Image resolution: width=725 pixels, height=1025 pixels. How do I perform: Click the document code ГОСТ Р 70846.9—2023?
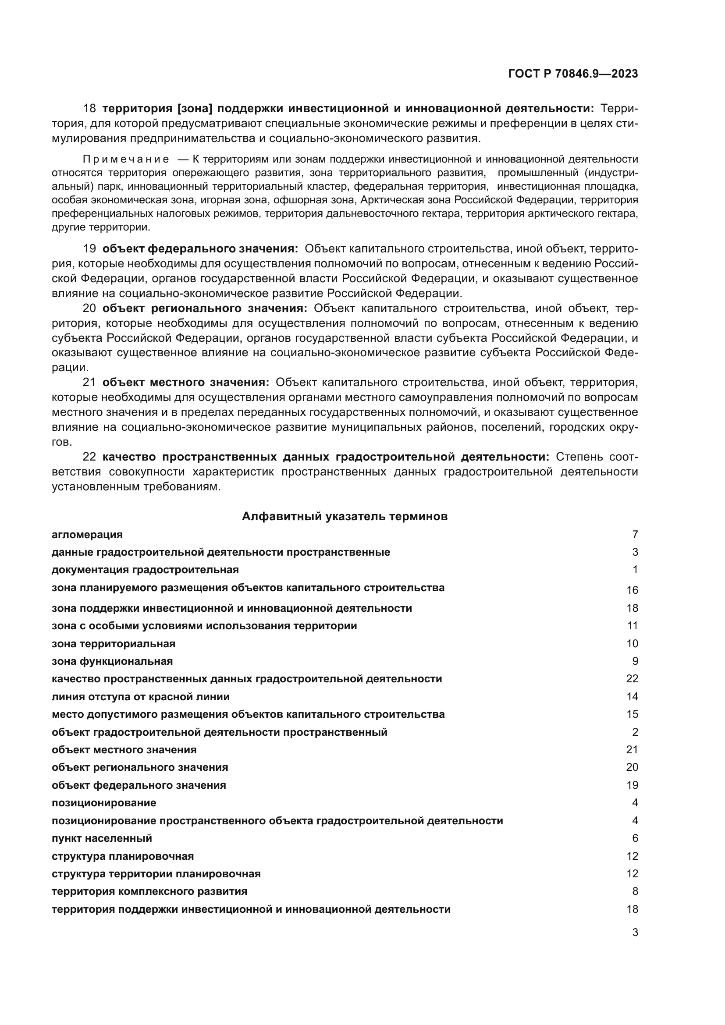(x=573, y=74)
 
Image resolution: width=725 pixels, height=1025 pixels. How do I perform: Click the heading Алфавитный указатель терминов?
(x=344, y=517)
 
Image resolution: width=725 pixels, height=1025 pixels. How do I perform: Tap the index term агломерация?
(x=87, y=534)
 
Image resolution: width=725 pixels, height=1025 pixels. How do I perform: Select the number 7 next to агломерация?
(x=635, y=534)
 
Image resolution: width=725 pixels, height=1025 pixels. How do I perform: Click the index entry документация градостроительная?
(x=145, y=570)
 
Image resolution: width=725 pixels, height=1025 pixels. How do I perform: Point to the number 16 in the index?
(x=632, y=590)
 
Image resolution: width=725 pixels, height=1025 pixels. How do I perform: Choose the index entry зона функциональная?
(x=112, y=661)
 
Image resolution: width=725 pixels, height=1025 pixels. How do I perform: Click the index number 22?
(x=632, y=678)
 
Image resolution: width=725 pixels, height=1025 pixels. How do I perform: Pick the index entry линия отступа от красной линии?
(x=141, y=696)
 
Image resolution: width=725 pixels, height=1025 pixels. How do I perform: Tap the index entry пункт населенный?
(x=102, y=838)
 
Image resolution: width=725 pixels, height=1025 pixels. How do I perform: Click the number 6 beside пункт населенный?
(x=635, y=838)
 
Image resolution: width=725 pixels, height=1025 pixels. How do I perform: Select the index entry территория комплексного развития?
(x=149, y=891)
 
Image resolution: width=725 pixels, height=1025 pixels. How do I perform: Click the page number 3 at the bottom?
(x=635, y=933)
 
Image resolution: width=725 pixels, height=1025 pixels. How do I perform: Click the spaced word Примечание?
(x=126, y=160)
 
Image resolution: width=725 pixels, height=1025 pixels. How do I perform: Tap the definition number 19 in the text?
(x=89, y=248)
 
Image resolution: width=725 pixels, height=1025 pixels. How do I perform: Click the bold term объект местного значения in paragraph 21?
(x=186, y=383)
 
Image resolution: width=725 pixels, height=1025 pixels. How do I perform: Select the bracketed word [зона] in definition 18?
(x=194, y=109)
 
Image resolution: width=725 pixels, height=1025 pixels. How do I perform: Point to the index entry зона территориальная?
(x=114, y=644)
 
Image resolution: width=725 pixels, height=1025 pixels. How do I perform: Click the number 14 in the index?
(x=632, y=696)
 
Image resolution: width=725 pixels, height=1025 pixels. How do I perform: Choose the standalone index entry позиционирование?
(x=104, y=803)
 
